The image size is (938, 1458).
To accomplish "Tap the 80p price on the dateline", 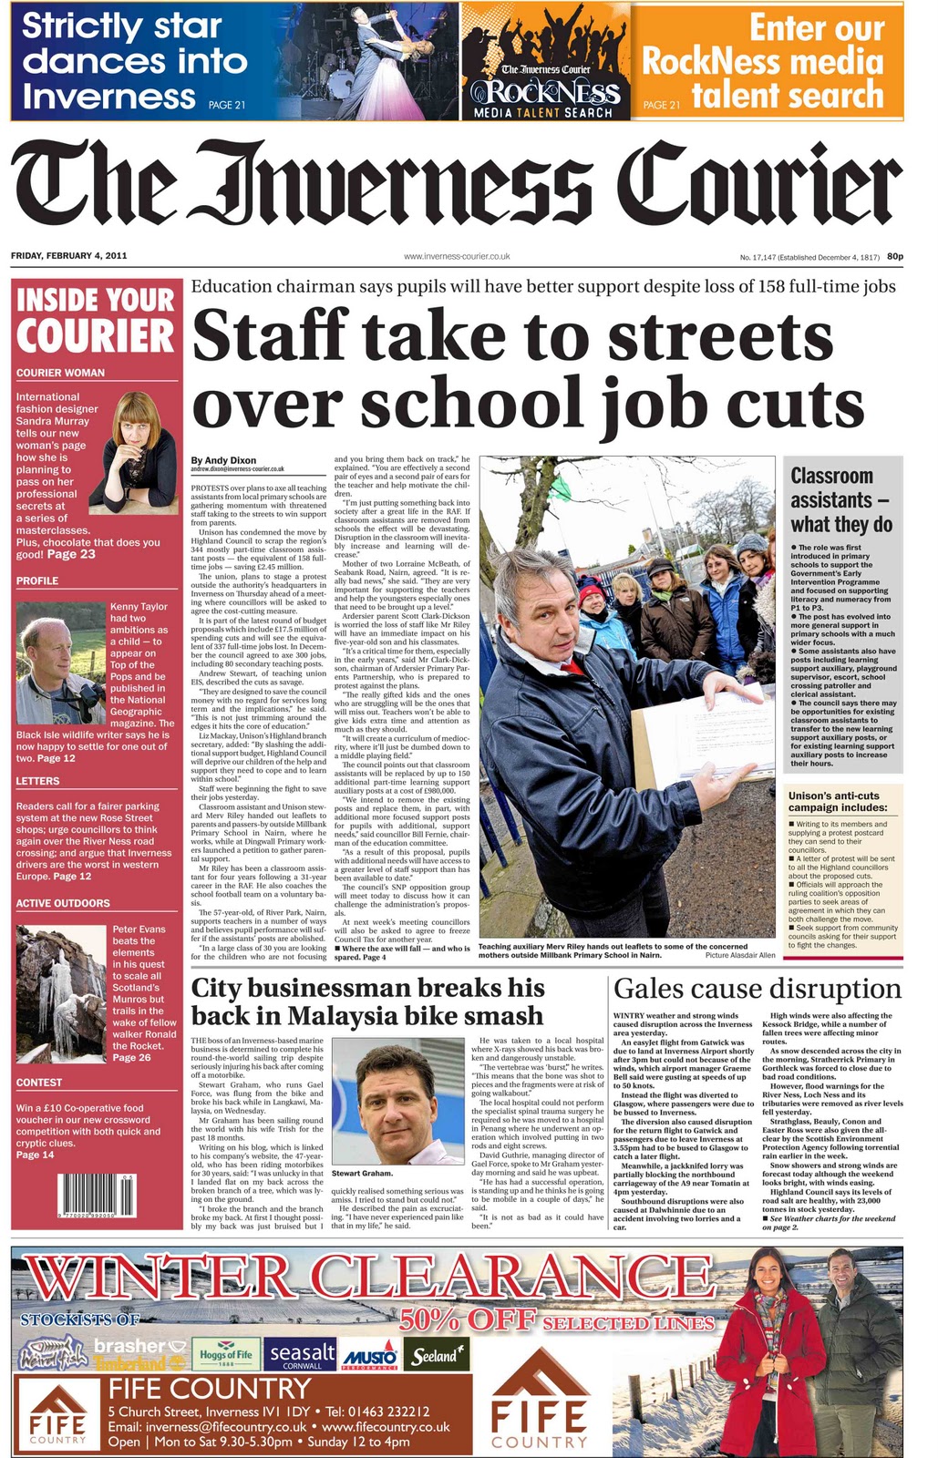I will click(894, 256).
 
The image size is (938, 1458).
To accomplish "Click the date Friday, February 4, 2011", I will click(68, 255).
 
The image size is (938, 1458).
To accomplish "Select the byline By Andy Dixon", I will click(223, 460).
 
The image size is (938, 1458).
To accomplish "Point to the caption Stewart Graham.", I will click(362, 1174).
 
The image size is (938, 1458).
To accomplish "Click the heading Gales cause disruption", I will click(757, 989).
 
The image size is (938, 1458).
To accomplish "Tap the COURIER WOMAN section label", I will click(60, 373).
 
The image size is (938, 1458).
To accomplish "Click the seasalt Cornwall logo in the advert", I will click(302, 1356).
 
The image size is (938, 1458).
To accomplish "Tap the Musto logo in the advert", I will click(369, 1357).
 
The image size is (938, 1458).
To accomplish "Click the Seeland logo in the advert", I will click(435, 1356).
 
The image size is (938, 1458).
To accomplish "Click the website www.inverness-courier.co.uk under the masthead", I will click(456, 257).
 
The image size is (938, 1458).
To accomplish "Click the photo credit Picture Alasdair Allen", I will click(740, 956).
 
